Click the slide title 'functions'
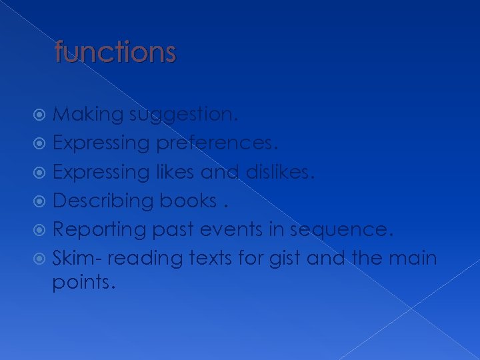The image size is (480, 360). pos(115,51)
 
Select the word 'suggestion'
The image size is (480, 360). pos(181,115)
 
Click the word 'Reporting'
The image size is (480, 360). pos(100,230)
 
